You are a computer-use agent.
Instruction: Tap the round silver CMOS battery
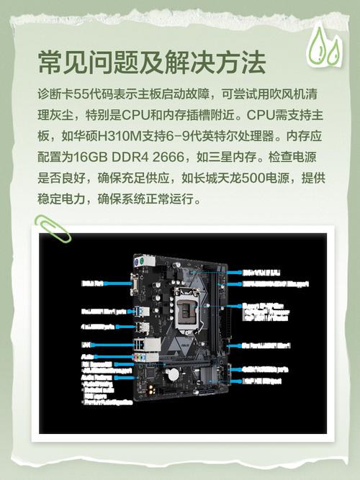(x=173, y=373)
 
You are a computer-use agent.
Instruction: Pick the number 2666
(x=176, y=156)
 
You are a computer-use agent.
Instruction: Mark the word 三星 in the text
(x=226, y=156)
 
